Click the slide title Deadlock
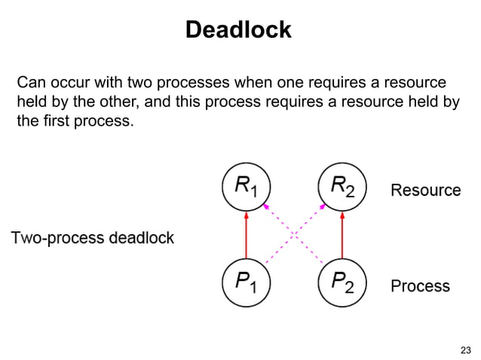click(x=238, y=29)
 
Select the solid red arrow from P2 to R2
click(x=343, y=235)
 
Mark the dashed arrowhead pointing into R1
click(x=265, y=204)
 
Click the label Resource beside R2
click(x=425, y=191)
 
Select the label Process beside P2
click(x=420, y=286)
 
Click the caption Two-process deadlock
click(x=92, y=239)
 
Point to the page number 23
click(x=464, y=349)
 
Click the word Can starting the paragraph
click(x=32, y=82)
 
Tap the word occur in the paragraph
click(x=72, y=82)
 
